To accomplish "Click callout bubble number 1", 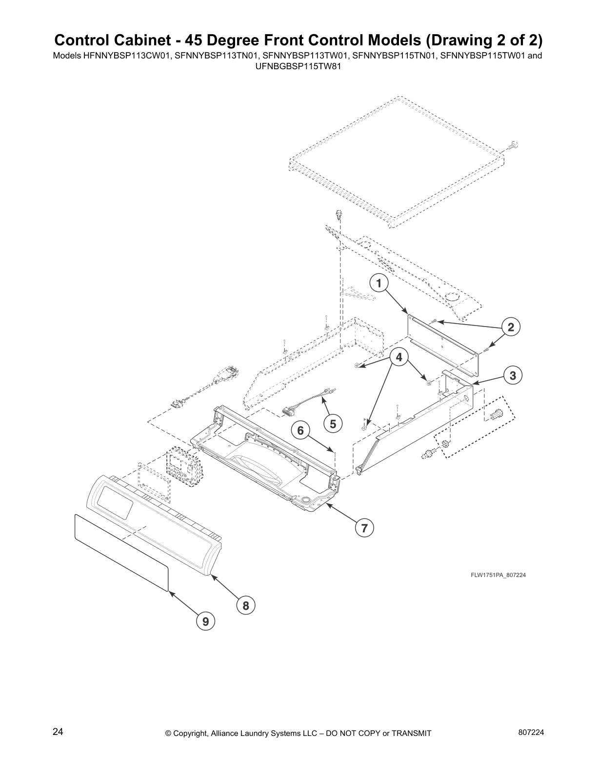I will (378, 283).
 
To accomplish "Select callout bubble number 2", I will (511, 327).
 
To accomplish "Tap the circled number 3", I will (513, 375).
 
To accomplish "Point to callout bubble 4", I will (399, 357).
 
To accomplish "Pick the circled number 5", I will (333, 424).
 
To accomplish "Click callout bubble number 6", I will (300, 430).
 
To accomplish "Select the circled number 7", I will (364, 527).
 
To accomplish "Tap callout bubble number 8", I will (246, 606).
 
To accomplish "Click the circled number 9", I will (205, 621).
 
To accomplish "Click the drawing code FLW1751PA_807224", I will (498, 575).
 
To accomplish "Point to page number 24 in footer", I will (58, 732).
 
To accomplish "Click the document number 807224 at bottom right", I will (530, 732).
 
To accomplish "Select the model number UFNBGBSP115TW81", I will (298, 65).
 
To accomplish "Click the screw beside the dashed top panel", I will (513, 145).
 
